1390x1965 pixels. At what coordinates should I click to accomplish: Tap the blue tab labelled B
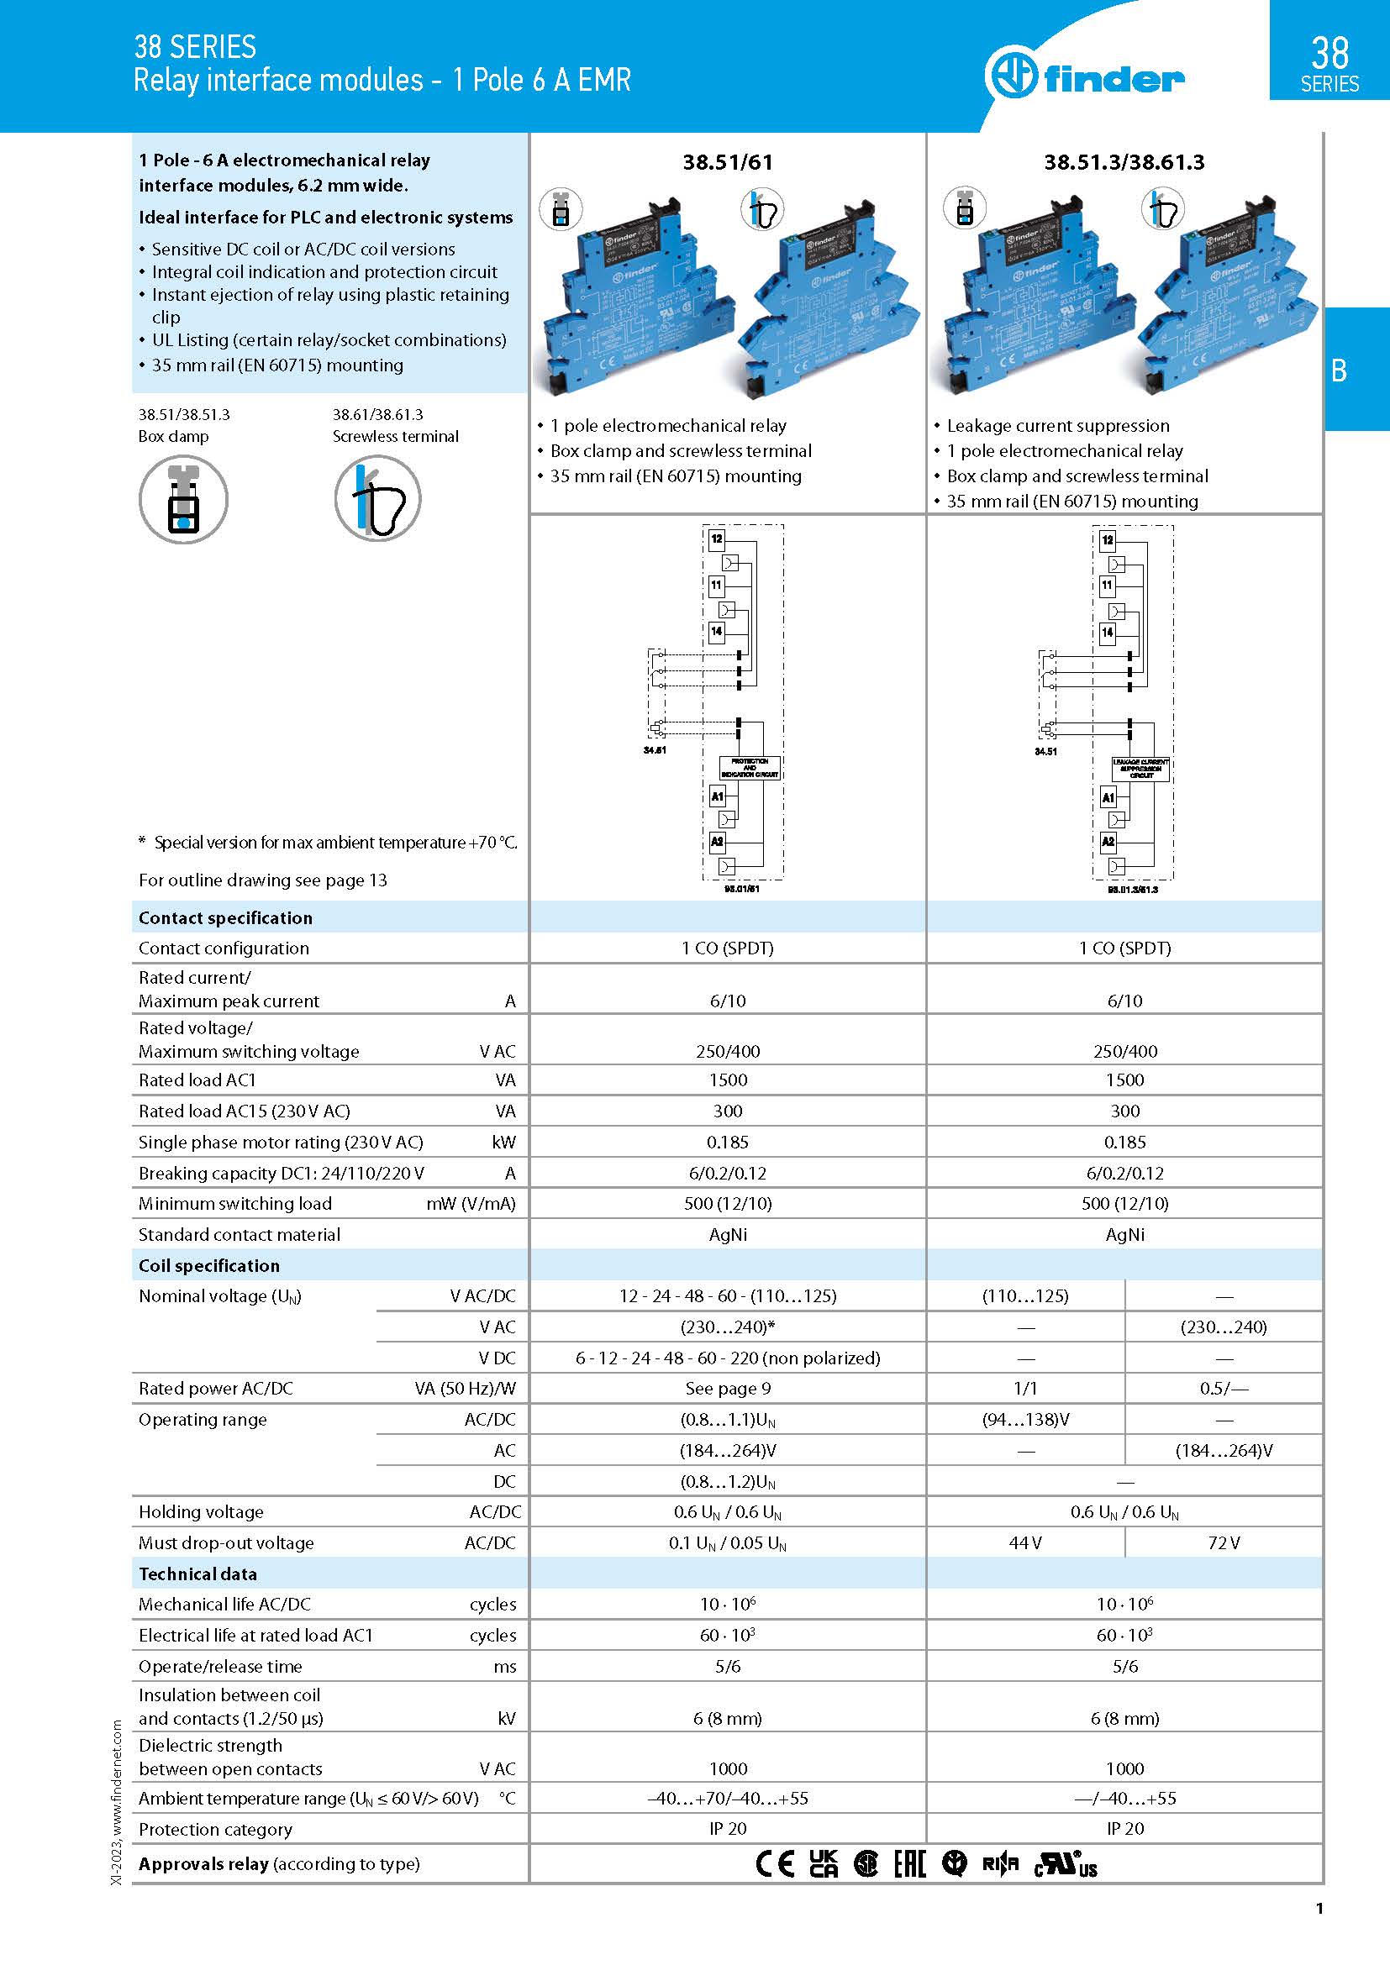tap(1339, 370)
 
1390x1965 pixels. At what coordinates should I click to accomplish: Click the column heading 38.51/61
tap(728, 162)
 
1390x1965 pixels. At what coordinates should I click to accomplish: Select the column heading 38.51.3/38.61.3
tap(1124, 162)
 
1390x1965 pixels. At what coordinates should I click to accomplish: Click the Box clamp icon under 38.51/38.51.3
tap(183, 500)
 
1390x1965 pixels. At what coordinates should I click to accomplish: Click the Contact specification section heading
tap(225, 917)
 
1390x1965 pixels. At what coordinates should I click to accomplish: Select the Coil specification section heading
tap(209, 1265)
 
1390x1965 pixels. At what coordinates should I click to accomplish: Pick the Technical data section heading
tap(197, 1573)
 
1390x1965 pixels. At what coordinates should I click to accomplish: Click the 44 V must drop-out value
tap(1025, 1542)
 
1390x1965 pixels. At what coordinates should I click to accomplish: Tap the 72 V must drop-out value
tap(1224, 1542)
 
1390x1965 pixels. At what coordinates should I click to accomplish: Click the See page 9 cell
tap(728, 1388)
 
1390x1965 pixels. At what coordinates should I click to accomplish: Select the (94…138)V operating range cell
tap(1025, 1419)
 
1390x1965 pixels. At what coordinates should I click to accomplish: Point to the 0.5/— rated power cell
tap(1224, 1388)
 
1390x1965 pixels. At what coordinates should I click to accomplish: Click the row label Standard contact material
tap(240, 1234)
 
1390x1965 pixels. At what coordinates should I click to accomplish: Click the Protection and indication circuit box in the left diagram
tap(749, 767)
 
